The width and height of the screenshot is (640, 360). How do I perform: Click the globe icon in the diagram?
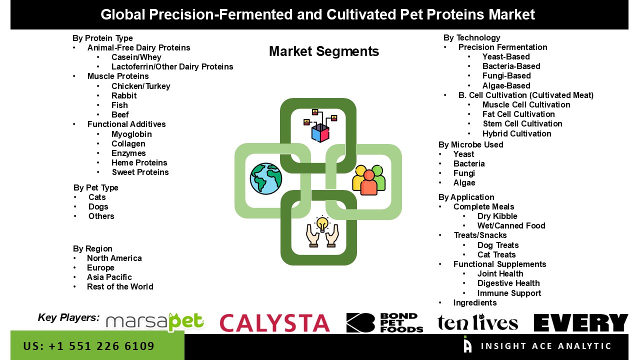point(265,179)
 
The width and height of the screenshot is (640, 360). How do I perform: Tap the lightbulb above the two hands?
point(322,223)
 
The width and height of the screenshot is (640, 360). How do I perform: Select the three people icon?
point(369,180)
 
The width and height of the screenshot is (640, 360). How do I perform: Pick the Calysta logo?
point(274,323)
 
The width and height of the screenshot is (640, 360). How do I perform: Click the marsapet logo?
point(155,322)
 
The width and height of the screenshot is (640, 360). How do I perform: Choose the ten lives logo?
point(477,322)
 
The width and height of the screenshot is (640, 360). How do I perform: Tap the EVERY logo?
point(581,322)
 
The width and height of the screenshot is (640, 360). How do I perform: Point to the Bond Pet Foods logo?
point(384,322)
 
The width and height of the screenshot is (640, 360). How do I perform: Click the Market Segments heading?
point(324,51)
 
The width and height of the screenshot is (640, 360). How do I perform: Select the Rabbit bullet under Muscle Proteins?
point(124,95)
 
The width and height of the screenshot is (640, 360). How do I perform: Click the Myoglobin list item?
point(131,134)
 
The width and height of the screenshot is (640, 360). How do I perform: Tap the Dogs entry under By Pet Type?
point(98,207)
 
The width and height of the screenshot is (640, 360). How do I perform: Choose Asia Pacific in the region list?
point(109,277)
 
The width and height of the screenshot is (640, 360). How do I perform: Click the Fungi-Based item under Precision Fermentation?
point(506,75)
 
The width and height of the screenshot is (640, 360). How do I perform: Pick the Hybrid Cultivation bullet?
point(517,133)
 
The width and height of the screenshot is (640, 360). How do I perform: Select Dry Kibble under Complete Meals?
point(497,216)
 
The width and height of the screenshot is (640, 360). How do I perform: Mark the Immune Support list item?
point(509,293)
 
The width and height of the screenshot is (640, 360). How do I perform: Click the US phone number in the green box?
point(88,346)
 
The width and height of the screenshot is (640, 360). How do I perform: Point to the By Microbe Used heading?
point(471,144)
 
